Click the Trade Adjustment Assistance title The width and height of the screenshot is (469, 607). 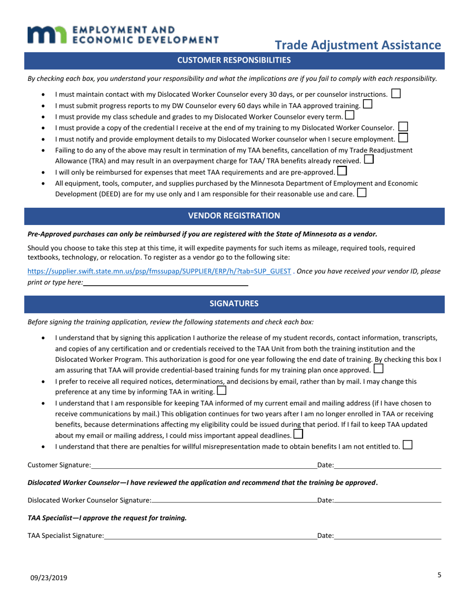[x=357, y=45]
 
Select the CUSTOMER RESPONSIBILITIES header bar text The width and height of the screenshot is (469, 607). [x=234, y=60]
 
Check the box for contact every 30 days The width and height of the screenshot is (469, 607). [x=395, y=93]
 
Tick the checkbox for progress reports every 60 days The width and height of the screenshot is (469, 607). [x=367, y=104]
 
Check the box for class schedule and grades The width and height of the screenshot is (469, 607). [x=350, y=115]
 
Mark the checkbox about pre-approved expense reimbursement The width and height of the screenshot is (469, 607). [x=342, y=171]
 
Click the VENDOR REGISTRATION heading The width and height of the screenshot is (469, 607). [x=234, y=216]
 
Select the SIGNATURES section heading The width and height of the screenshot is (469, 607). [x=234, y=303]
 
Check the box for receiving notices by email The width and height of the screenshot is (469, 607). [x=222, y=391]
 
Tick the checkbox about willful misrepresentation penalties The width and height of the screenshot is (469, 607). [x=407, y=445]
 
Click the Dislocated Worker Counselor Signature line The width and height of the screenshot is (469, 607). [x=234, y=500]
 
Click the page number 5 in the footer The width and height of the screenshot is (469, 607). [x=439, y=574]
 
